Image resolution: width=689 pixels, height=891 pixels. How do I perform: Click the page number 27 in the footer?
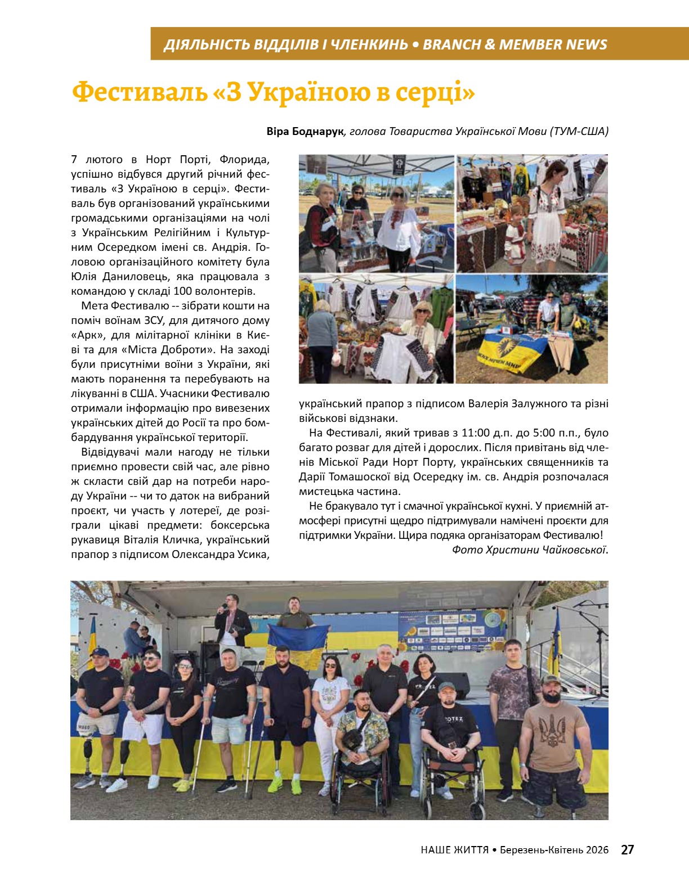click(627, 849)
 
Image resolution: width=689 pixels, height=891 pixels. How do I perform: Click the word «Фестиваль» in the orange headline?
click(139, 92)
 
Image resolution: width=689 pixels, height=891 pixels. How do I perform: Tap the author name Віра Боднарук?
click(305, 131)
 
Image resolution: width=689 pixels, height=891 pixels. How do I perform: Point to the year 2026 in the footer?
click(597, 850)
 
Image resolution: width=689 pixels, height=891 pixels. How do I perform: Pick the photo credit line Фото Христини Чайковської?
click(530, 550)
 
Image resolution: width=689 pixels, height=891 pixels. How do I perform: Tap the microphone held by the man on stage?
click(223, 606)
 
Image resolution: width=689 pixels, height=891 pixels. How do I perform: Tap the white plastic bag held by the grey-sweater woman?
click(337, 358)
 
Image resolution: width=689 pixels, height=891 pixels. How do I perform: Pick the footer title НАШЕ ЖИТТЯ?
click(454, 850)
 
